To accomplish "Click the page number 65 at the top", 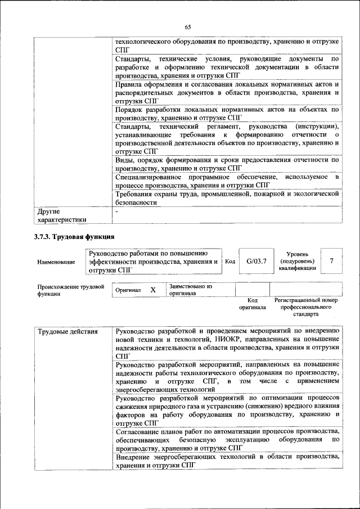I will point(187,27).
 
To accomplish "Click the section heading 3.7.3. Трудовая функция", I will point(74,237).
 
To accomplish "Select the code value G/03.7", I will point(256,261).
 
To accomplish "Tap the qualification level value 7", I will point(332,261).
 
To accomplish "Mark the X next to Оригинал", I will point(152,290).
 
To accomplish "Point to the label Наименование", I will point(56,262).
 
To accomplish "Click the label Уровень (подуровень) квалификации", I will point(297,262).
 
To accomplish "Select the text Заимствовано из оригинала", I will point(190,290).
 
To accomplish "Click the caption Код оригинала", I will point(252,304).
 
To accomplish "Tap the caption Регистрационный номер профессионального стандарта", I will point(305,307).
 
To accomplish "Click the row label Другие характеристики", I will point(62,216).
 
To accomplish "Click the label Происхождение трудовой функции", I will point(71,290).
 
